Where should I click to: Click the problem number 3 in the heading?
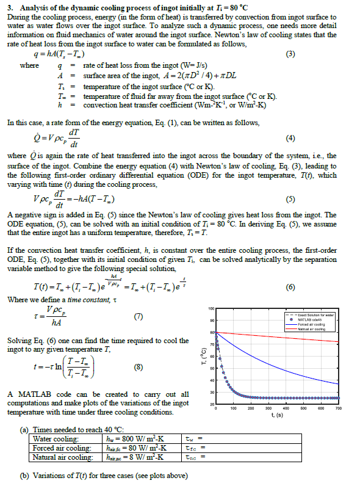coord(14,7)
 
